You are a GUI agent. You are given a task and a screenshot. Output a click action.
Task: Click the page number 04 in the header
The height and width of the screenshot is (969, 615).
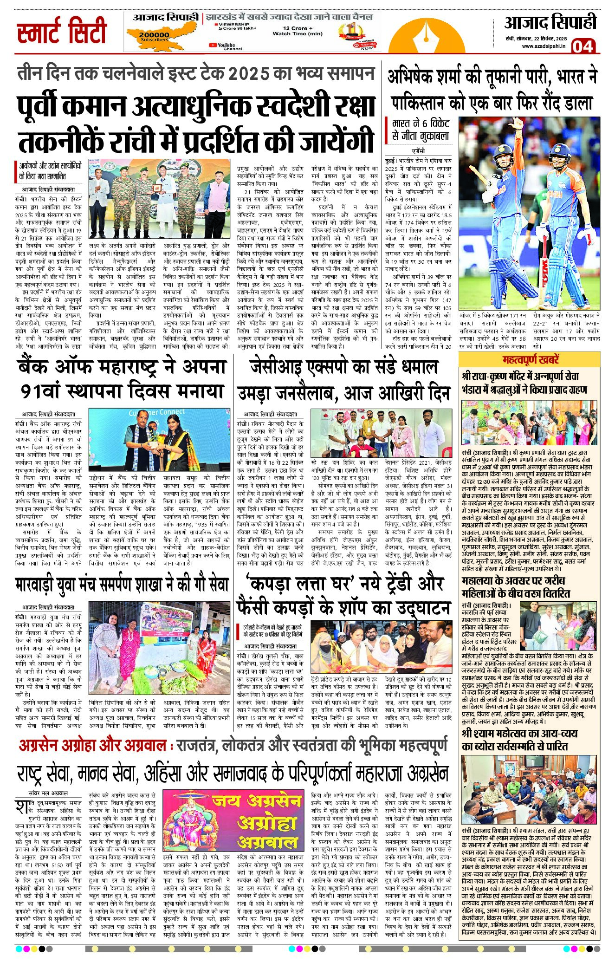583,46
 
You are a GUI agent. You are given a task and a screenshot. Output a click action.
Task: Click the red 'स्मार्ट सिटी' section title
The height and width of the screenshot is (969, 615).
62,31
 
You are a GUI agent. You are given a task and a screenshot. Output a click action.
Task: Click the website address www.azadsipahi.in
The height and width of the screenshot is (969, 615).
544,46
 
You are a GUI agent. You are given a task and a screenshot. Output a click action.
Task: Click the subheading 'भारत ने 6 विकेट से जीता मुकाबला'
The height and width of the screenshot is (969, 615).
421,130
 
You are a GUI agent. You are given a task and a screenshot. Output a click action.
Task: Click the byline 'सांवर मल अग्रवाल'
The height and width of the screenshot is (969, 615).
48,793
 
